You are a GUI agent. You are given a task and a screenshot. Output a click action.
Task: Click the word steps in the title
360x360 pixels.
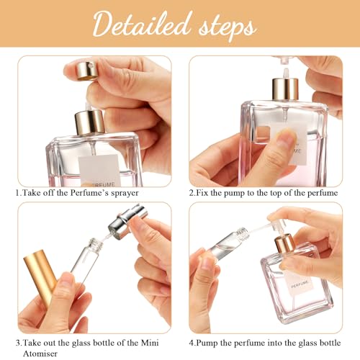pos(225,27)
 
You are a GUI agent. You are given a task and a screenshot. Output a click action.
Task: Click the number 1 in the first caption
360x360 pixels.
pos(17,194)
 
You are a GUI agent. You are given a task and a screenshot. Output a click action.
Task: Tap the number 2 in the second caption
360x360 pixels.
pos(192,194)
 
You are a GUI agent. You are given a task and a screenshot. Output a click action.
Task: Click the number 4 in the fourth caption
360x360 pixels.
pos(192,343)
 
